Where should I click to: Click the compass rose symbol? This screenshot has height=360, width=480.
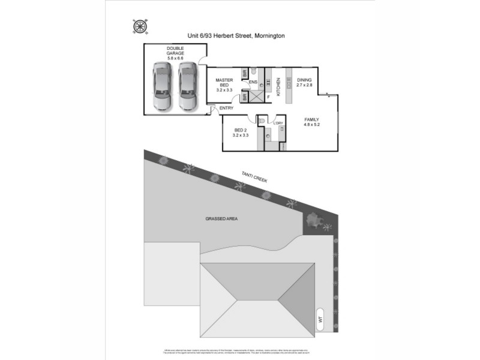(x=139, y=26)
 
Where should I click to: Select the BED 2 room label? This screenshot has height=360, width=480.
(x=240, y=133)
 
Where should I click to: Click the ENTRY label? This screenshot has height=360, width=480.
(x=226, y=108)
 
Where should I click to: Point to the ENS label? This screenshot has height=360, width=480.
(x=253, y=82)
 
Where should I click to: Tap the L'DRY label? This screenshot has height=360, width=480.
(x=278, y=123)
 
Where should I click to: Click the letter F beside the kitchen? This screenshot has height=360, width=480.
(x=269, y=96)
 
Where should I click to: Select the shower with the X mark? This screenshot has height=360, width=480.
(x=256, y=96)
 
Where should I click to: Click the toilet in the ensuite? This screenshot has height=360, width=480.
(x=254, y=71)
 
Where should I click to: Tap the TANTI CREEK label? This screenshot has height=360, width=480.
(x=254, y=175)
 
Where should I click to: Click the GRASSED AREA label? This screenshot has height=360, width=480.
(x=222, y=219)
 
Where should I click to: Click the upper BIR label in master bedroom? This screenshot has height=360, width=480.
(x=245, y=73)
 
